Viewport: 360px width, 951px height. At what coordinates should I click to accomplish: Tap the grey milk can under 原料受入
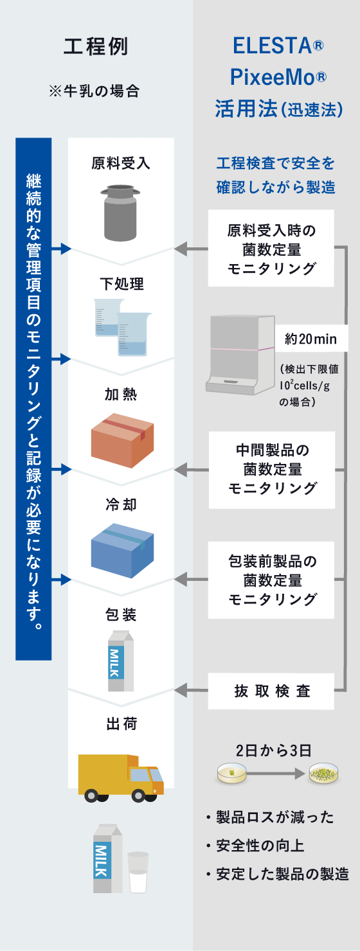point(121,211)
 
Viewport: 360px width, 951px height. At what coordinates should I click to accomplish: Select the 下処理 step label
point(122,283)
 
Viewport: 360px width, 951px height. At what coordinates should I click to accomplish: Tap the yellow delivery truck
point(121,778)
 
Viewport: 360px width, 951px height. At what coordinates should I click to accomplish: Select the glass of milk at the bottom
point(138,872)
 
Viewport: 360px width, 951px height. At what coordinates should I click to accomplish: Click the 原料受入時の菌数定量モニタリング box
point(271,249)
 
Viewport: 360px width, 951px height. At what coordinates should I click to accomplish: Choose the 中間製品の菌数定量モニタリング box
point(271,470)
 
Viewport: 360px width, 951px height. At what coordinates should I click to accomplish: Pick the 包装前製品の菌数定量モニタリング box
point(271,580)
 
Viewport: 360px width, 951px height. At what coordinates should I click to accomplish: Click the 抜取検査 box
point(271,691)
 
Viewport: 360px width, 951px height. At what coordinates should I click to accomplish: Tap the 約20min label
point(307,339)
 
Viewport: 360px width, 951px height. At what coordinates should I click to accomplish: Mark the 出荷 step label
point(122,724)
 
